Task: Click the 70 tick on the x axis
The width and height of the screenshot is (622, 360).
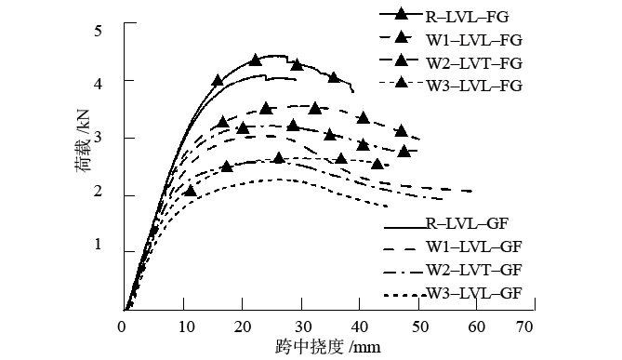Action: coord(524,326)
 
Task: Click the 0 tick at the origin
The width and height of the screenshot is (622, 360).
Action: coord(122,326)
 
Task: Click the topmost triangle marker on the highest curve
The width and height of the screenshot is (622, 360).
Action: coord(256,60)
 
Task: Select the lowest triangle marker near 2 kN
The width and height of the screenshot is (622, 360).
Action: coord(191,192)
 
